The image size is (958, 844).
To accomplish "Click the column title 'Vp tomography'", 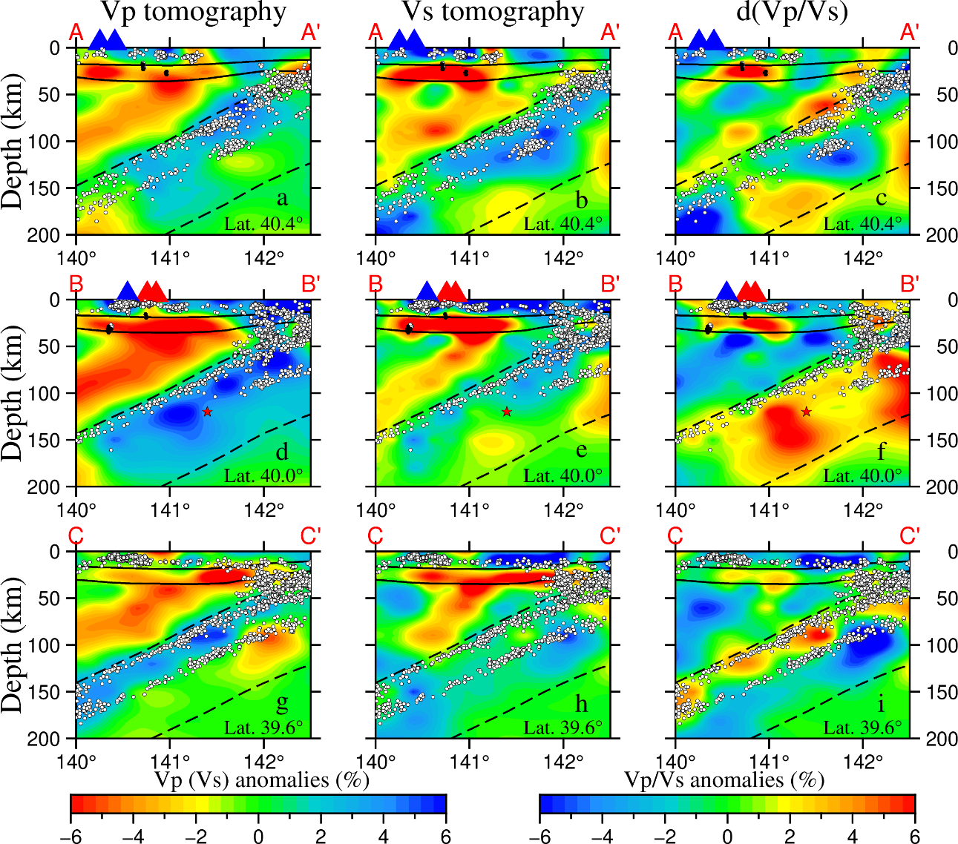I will pyautogui.click(x=193, y=12).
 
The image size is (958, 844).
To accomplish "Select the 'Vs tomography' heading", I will pyautogui.click(x=493, y=12).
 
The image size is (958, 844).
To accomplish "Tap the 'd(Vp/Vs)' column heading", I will pyautogui.click(x=793, y=13).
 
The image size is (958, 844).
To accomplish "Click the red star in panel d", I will pyautogui.click(x=207, y=412).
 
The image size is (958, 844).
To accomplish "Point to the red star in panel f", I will pyautogui.click(x=806, y=412).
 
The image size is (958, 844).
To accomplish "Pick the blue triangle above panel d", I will pyautogui.click(x=128, y=291).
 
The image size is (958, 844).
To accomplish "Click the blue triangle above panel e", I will pyautogui.click(x=427, y=291).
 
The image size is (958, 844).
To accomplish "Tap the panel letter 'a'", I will pyautogui.click(x=281, y=199).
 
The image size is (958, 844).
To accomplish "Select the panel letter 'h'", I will pyautogui.click(x=581, y=703).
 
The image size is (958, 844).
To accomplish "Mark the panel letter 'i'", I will pyautogui.click(x=881, y=703).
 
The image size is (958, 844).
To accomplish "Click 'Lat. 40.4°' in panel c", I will pyautogui.click(x=862, y=223).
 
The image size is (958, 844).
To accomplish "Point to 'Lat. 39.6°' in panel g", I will pyautogui.click(x=263, y=728).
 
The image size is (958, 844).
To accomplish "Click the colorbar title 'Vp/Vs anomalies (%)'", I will pyautogui.click(x=724, y=780).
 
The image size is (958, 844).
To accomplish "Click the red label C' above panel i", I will pyautogui.click(x=910, y=536).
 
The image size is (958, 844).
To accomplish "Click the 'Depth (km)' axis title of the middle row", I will pyautogui.click(x=13, y=392).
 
